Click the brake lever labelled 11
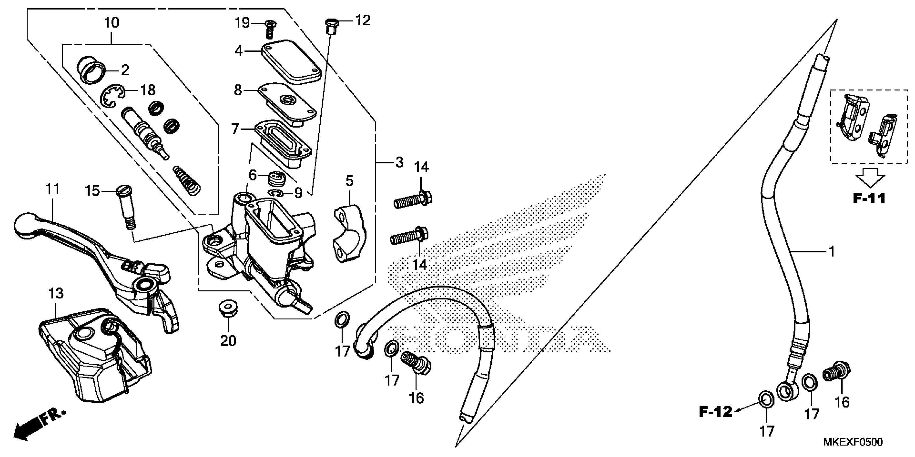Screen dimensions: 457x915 89,248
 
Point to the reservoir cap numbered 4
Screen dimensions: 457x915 291,62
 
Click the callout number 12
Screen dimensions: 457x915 363,21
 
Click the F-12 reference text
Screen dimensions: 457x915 715,412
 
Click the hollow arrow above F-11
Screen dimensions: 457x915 870,176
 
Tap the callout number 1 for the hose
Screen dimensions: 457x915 832,252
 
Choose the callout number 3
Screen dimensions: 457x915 399,163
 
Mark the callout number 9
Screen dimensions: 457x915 298,193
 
